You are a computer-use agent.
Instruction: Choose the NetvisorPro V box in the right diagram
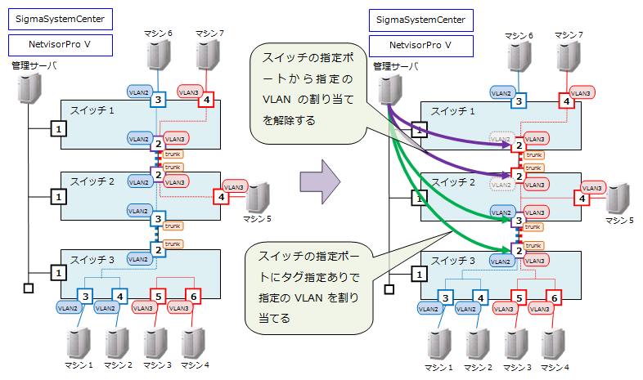click(x=420, y=46)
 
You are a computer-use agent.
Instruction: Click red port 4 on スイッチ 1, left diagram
click(x=206, y=100)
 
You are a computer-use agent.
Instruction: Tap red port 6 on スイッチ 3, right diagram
click(x=554, y=297)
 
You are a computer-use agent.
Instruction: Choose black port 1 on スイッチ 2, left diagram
click(x=58, y=196)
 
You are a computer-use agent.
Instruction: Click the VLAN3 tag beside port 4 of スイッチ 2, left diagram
click(x=234, y=187)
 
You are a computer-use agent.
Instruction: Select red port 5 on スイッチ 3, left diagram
click(x=159, y=295)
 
